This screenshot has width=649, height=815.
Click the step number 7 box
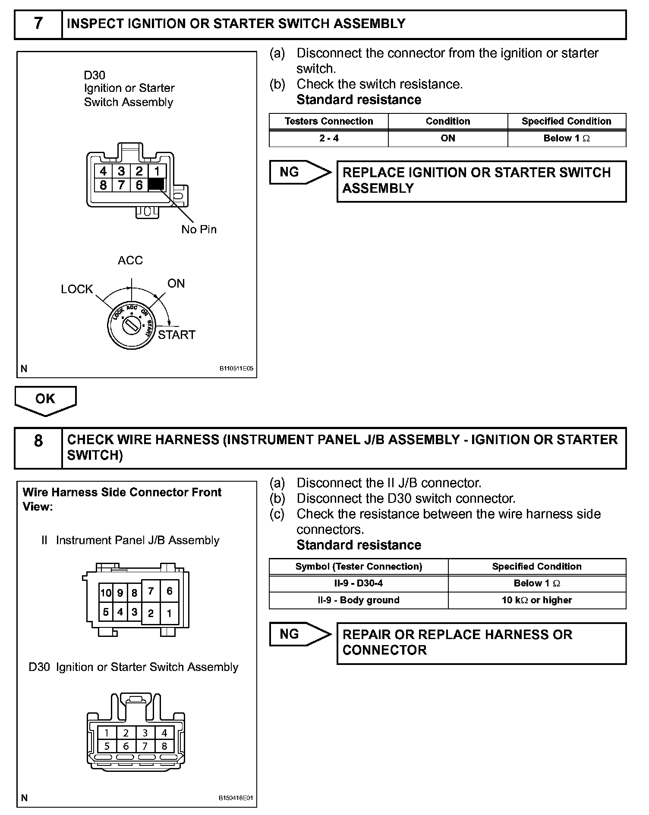pyautogui.click(x=38, y=24)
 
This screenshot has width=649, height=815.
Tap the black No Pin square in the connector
pyautogui.click(x=156, y=185)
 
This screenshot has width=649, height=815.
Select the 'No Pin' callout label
pyautogui.click(x=198, y=229)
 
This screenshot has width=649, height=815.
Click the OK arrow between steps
pyautogui.click(x=45, y=399)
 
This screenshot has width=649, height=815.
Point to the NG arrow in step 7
pyautogui.click(x=299, y=172)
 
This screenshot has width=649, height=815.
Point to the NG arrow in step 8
pyautogui.click(x=299, y=634)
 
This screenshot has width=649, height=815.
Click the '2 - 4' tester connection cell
pyautogui.click(x=329, y=138)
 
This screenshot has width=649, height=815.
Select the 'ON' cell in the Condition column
pyautogui.click(x=448, y=138)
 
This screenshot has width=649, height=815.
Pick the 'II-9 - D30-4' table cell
pyautogui.click(x=359, y=583)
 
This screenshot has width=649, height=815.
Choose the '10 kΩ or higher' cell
pyautogui.click(x=537, y=600)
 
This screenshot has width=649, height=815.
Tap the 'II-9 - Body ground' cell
pyautogui.click(x=359, y=600)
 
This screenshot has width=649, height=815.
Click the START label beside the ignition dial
pyautogui.click(x=176, y=335)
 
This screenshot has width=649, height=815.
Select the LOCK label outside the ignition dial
pyautogui.click(x=77, y=289)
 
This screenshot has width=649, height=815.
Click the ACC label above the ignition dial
pyautogui.click(x=130, y=260)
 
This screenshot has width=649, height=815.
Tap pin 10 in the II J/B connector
pyautogui.click(x=106, y=593)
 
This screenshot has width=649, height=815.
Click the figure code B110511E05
pyautogui.click(x=236, y=369)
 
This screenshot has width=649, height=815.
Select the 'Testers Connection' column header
pyautogui.click(x=329, y=121)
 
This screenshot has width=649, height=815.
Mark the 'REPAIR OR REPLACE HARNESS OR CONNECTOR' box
pyautogui.click(x=481, y=643)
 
